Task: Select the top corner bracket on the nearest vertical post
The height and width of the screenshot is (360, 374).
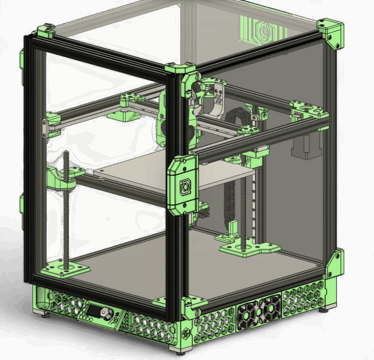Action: tap(181, 71)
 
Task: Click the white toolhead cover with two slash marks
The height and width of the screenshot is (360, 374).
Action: tap(217, 101)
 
